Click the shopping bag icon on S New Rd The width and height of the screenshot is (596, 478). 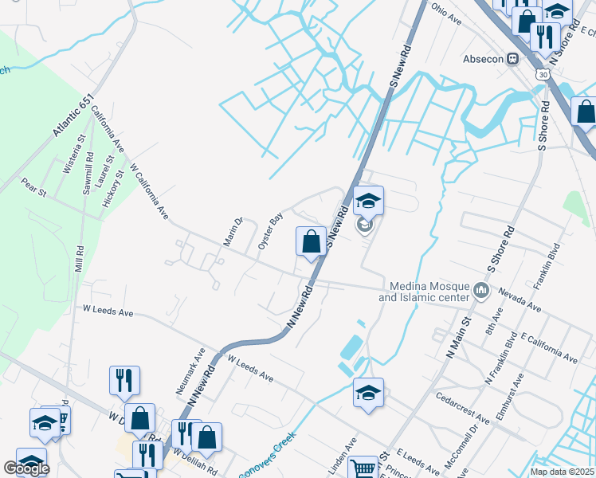pos(311,241)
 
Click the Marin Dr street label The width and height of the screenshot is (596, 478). pos(232,231)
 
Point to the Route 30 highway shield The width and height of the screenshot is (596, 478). pos(543,74)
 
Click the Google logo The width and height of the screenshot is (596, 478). pos(26,468)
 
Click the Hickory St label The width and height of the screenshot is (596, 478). pos(111,188)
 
